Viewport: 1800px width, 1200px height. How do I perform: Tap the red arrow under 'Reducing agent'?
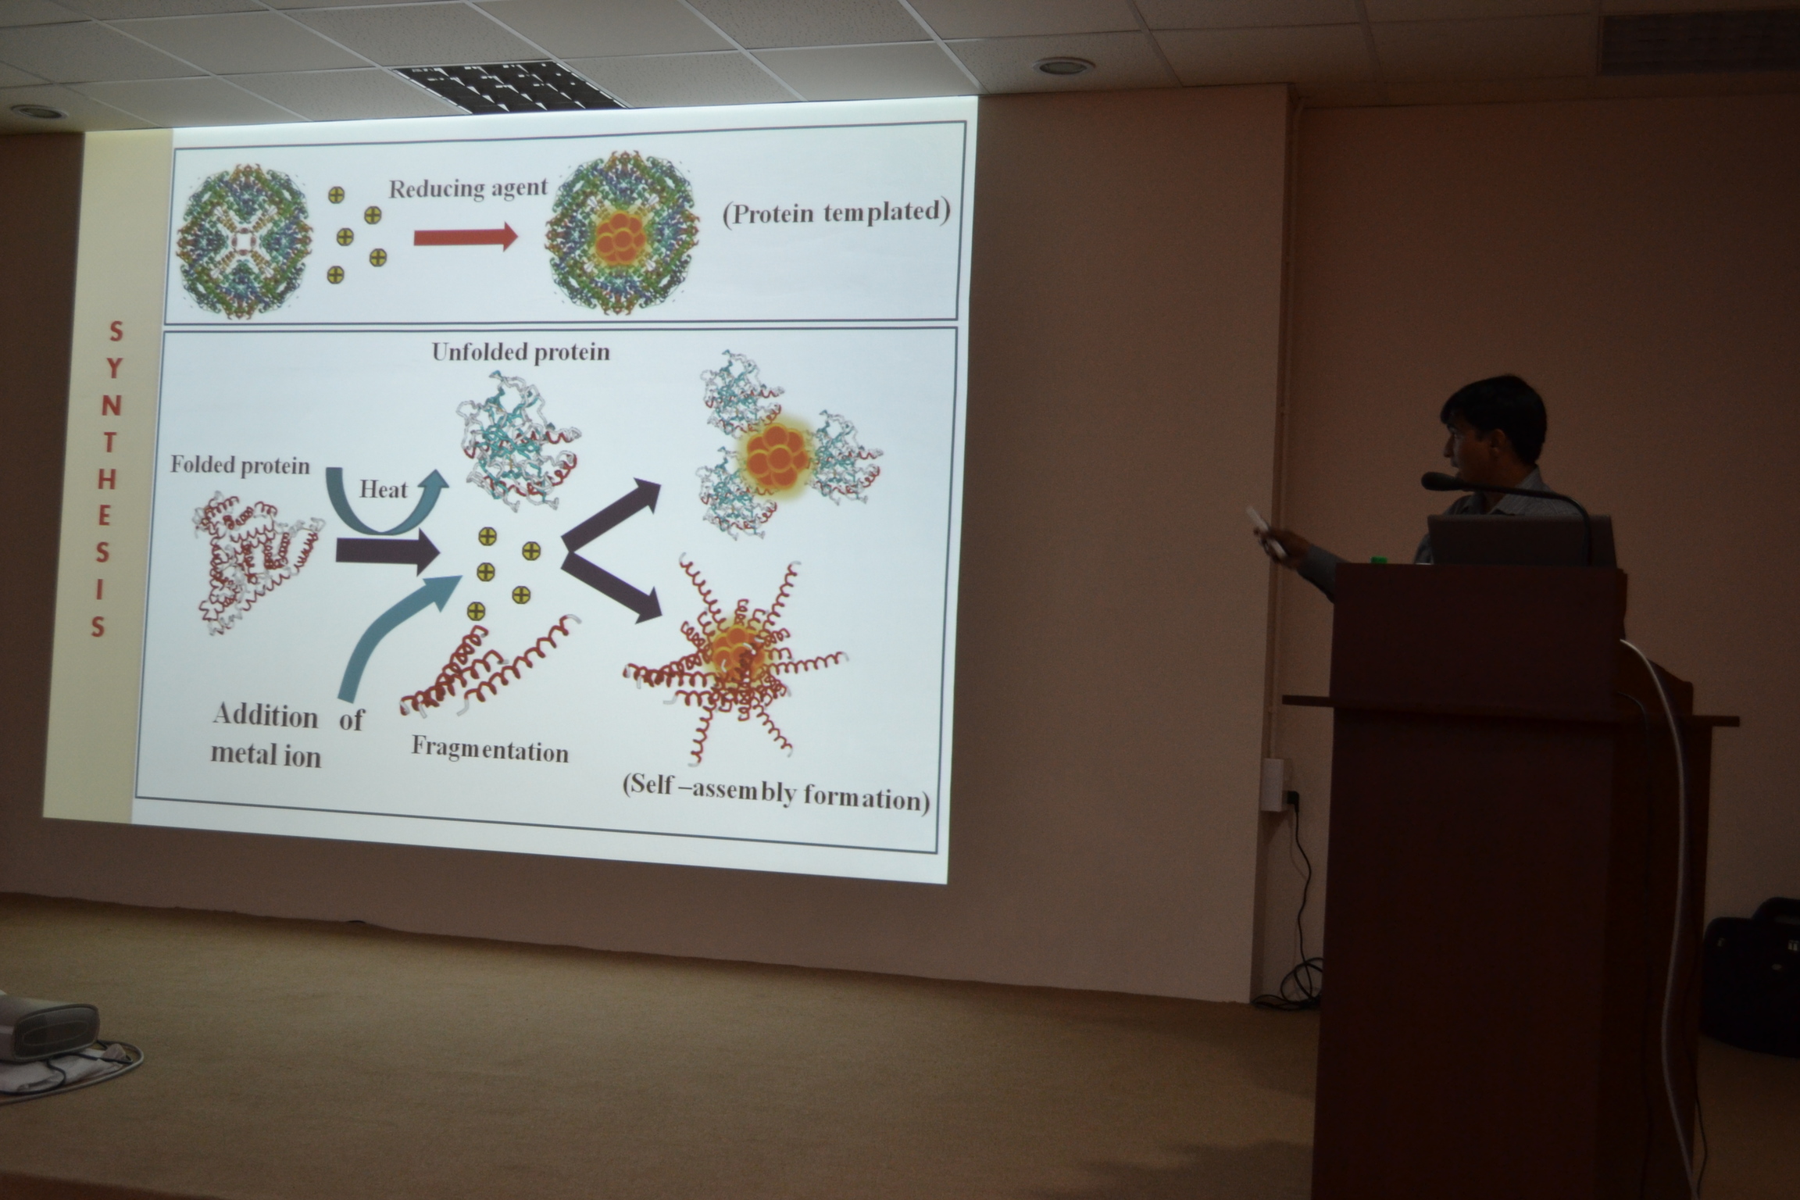(466, 237)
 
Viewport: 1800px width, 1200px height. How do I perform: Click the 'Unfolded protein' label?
(521, 352)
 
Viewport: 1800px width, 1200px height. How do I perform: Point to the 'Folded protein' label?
(240, 466)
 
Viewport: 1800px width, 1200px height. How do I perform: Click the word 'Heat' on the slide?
(384, 490)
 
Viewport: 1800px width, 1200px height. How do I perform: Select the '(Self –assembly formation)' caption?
(777, 797)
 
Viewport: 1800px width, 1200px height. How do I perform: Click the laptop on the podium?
(1520, 541)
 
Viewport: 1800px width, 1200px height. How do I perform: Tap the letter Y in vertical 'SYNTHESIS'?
(115, 369)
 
